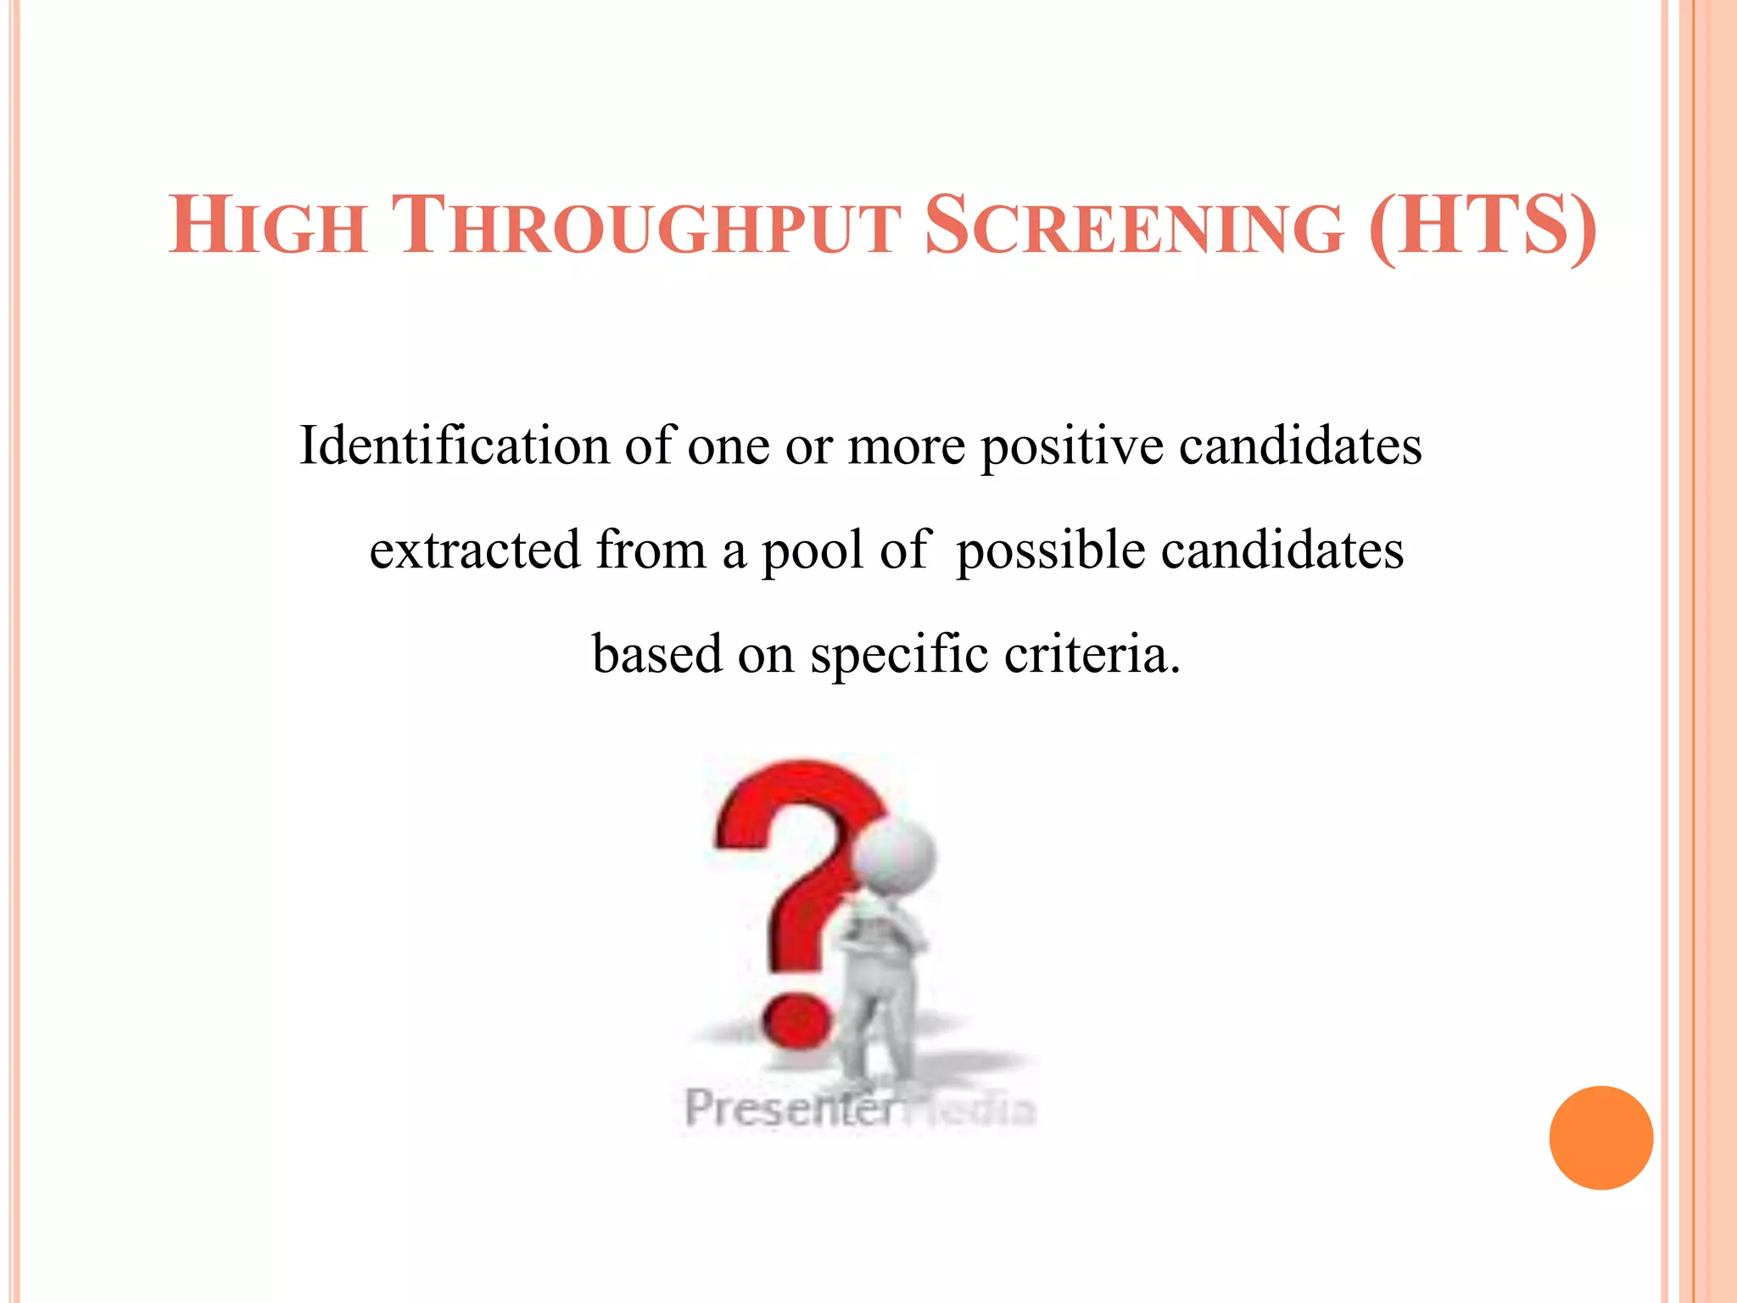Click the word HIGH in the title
[267, 226]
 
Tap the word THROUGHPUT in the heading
[645, 226]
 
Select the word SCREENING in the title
[1134, 226]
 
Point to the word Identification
[455, 445]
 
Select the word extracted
[475, 550]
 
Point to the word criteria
[1091, 654]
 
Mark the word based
[656, 654]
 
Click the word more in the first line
[906, 447]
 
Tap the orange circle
[1600, 1138]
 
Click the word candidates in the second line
[1282, 550]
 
